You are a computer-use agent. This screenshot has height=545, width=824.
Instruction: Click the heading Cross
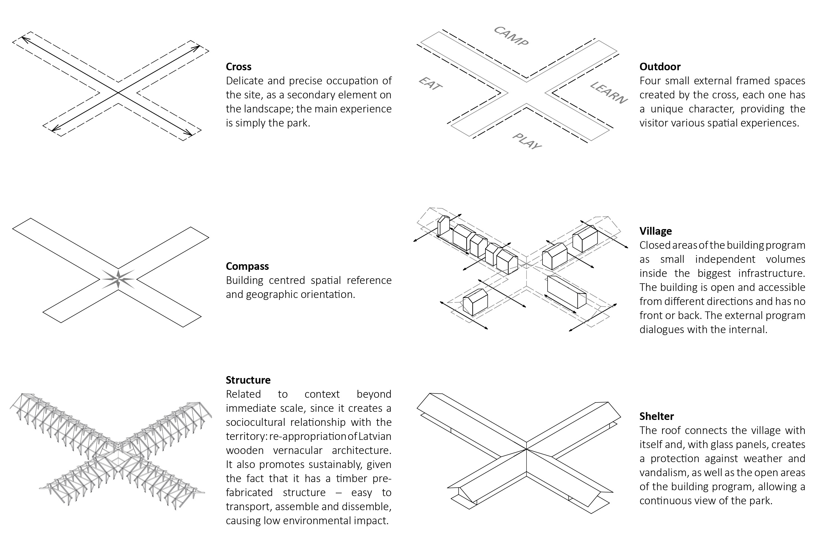[238, 66]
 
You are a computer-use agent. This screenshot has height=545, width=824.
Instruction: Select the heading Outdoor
[659, 66]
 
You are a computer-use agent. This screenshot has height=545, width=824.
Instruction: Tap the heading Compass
[247, 266]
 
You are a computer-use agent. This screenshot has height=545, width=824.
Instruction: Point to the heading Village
[655, 231]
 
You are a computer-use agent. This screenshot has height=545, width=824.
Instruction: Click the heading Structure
[248, 380]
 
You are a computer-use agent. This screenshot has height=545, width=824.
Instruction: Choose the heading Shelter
[656, 416]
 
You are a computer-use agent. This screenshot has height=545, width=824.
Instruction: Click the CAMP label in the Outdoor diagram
[511, 36]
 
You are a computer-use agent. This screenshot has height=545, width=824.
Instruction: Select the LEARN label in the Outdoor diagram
[609, 93]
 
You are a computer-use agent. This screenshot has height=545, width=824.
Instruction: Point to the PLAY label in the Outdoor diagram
[527, 141]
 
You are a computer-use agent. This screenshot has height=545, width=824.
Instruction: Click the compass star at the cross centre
[118, 279]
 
